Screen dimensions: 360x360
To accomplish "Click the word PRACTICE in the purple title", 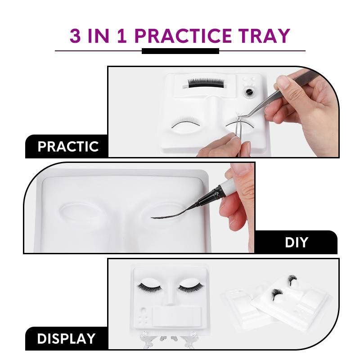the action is (183, 36).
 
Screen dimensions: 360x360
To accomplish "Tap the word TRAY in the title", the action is (264, 36).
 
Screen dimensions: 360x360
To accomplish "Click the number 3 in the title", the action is (75, 36).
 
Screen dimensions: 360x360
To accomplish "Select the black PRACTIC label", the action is (66, 147).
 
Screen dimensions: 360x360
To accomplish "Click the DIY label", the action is (296, 243).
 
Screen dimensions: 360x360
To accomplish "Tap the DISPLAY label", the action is (66, 338).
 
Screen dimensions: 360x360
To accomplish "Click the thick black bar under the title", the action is (180, 51).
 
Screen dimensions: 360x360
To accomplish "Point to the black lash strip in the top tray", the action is (206, 83).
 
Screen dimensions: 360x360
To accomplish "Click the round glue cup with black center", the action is (249, 92).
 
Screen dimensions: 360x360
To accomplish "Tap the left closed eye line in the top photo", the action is (186, 124).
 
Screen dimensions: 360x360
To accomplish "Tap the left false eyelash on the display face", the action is (149, 287).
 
